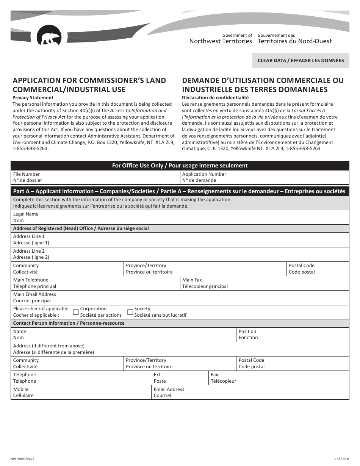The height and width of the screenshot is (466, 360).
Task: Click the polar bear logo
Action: tap(49, 36)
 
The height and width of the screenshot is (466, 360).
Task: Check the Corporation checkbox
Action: tap(75, 312)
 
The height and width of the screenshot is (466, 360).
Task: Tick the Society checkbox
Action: tap(130, 312)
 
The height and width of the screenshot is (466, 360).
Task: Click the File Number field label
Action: tap(27, 177)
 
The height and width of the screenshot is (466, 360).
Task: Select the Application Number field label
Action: tap(204, 177)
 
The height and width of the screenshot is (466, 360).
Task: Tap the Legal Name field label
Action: tap(26, 217)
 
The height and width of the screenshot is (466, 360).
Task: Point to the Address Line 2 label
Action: tap(31, 254)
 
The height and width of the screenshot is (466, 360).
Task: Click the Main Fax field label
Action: tap(205, 283)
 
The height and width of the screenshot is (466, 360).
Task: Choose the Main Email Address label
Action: tap(34, 297)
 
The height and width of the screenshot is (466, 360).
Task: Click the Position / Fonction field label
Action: tap(248, 334)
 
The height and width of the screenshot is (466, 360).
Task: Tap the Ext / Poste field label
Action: tap(160, 378)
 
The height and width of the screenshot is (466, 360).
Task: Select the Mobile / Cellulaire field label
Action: tap(23, 392)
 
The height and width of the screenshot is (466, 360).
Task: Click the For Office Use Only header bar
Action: tap(180, 166)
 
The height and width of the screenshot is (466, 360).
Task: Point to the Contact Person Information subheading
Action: tap(69, 323)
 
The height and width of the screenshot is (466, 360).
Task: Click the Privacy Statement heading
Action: tap(33, 98)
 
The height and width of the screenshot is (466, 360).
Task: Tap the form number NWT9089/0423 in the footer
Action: tap(22, 459)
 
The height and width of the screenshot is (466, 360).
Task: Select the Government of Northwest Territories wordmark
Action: tap(221, 38)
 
